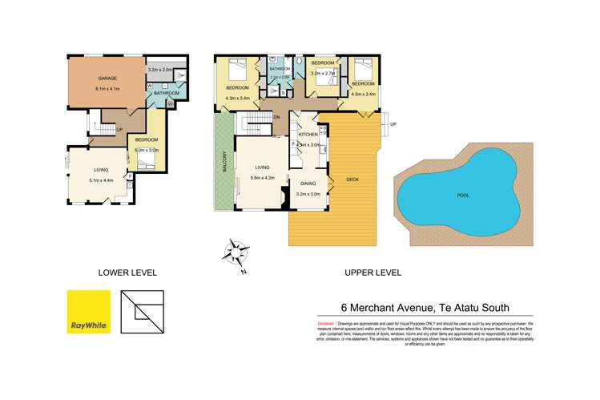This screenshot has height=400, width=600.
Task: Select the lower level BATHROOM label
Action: point(167,93)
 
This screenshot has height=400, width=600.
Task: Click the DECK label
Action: point(352,179)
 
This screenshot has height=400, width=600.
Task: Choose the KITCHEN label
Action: point(309,135)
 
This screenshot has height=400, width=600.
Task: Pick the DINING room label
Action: point(308,184)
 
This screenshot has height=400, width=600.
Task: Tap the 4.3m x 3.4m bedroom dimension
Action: point(238,98)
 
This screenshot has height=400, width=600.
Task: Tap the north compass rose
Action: point(236,254)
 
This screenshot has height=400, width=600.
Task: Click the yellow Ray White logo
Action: point(87,311)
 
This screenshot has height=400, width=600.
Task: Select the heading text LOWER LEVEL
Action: point(127,273)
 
